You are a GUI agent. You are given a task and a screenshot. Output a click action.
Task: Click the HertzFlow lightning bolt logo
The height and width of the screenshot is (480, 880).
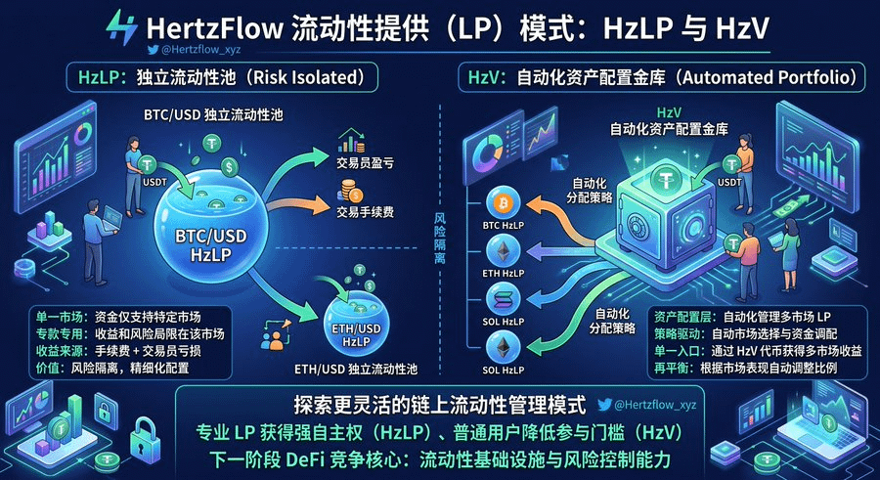tap(122, 27)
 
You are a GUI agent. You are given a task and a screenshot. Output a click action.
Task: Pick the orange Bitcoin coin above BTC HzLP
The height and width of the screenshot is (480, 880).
tap(504, 202)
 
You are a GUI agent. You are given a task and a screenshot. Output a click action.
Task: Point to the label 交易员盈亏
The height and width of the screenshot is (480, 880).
tap(366, 163)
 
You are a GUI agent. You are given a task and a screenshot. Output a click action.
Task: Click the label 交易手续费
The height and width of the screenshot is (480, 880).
tap(366, 211)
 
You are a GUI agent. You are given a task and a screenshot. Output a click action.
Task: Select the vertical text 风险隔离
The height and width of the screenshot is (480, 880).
tap(440, 238)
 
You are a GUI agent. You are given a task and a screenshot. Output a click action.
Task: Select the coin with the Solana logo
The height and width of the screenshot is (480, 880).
tap(504, 300)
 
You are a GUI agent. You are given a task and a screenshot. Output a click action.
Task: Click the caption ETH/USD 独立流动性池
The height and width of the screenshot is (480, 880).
tap(356, 369)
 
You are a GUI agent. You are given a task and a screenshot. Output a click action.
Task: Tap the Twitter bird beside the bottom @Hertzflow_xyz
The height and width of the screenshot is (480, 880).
tap(604, 404)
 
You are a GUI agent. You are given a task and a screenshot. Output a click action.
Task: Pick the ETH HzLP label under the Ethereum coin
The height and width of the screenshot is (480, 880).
tap(504, 274)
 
